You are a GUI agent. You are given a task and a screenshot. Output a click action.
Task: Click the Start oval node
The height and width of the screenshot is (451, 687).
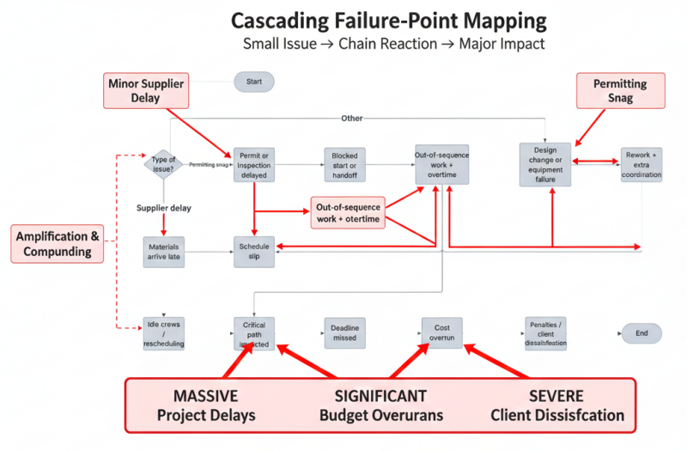(253, 82)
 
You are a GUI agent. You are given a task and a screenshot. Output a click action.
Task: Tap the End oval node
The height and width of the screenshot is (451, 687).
(641, 333)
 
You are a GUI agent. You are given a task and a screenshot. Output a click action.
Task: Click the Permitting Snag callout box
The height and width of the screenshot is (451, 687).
(619, 91)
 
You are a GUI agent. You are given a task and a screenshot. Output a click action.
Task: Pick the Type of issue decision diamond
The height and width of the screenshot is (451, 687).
(163, 163)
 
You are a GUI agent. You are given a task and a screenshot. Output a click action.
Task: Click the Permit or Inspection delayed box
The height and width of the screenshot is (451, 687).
(254, 164)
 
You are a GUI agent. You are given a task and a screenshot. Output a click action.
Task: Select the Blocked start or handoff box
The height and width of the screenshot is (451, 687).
(345, 165)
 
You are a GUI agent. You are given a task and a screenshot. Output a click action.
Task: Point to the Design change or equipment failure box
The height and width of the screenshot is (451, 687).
(544, 164)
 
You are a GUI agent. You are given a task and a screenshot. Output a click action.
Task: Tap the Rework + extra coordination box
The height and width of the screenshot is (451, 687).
(641, 164)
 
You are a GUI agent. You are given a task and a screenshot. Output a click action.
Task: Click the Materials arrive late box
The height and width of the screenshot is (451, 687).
(163, 251)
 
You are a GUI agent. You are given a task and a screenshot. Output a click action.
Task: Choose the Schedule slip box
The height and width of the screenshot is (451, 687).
(254, 251)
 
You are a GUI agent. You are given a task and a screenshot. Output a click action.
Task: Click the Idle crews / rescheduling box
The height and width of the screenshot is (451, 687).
(163, 334)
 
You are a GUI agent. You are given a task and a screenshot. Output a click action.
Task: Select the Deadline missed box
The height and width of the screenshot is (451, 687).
(345, 334)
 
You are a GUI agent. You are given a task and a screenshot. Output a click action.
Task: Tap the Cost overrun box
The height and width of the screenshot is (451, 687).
(441, 334)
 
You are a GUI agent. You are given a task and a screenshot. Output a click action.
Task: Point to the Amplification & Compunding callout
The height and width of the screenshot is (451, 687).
(58, 244)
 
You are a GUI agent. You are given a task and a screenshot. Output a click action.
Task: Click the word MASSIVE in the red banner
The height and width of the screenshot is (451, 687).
(205, 396)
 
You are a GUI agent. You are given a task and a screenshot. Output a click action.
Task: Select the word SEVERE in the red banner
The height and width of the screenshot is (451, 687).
(556, 396)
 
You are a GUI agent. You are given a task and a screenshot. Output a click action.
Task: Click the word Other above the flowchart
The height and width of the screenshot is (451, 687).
(352, 118)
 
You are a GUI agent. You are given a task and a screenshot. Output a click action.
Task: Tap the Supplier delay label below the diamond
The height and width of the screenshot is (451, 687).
(164, 208)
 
